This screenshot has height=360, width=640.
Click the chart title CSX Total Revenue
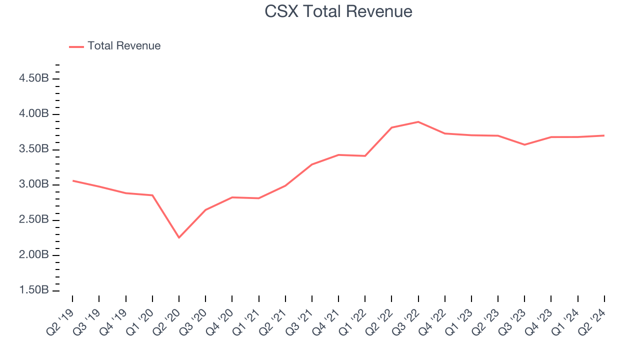click(x=338, y=11)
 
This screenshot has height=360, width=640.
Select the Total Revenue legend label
click(x=124, y=46)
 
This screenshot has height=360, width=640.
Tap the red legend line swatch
click(x=76, y=46)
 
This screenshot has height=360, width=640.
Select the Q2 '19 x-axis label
click(x=60, y=317)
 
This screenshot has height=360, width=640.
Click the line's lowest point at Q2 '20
click(x=179, y=237)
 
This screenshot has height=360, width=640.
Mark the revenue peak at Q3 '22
click(x=418, y=121)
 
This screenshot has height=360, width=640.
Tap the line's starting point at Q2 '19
click(x=73, y=180)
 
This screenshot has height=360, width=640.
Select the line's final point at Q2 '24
click(x=604, y=135)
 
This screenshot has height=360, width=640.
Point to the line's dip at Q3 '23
click(x=524, y=144)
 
